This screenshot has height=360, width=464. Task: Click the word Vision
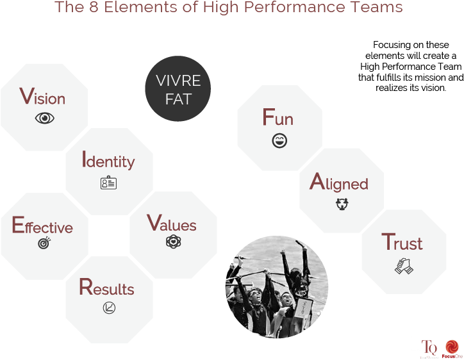(42, 97)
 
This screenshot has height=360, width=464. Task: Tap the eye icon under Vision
(45, 119)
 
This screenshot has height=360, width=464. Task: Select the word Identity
(108, 160)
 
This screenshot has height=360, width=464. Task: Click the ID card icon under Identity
(108, 183)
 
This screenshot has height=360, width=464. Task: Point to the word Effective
(42, 225)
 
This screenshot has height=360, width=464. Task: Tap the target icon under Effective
(44, 243)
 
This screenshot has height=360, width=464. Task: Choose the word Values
(172, 223)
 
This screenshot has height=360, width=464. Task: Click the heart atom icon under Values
(174, 241)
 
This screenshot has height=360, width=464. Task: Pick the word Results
(106, 287)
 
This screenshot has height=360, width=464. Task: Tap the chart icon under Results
(109, 308)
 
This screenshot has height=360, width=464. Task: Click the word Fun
(278, 117)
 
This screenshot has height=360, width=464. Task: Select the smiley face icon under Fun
(279, 140)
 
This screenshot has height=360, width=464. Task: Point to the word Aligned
(339, 183)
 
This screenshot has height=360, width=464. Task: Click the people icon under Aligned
(342, 204)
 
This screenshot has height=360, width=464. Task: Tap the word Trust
(402, 242)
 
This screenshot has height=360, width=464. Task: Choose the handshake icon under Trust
(404, 266)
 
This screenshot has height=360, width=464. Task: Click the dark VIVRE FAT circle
(178, 89)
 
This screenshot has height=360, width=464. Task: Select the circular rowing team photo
(277, 287)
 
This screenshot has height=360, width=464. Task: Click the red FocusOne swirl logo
(452, 347)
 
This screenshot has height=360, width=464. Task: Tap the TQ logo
(429, 348)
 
